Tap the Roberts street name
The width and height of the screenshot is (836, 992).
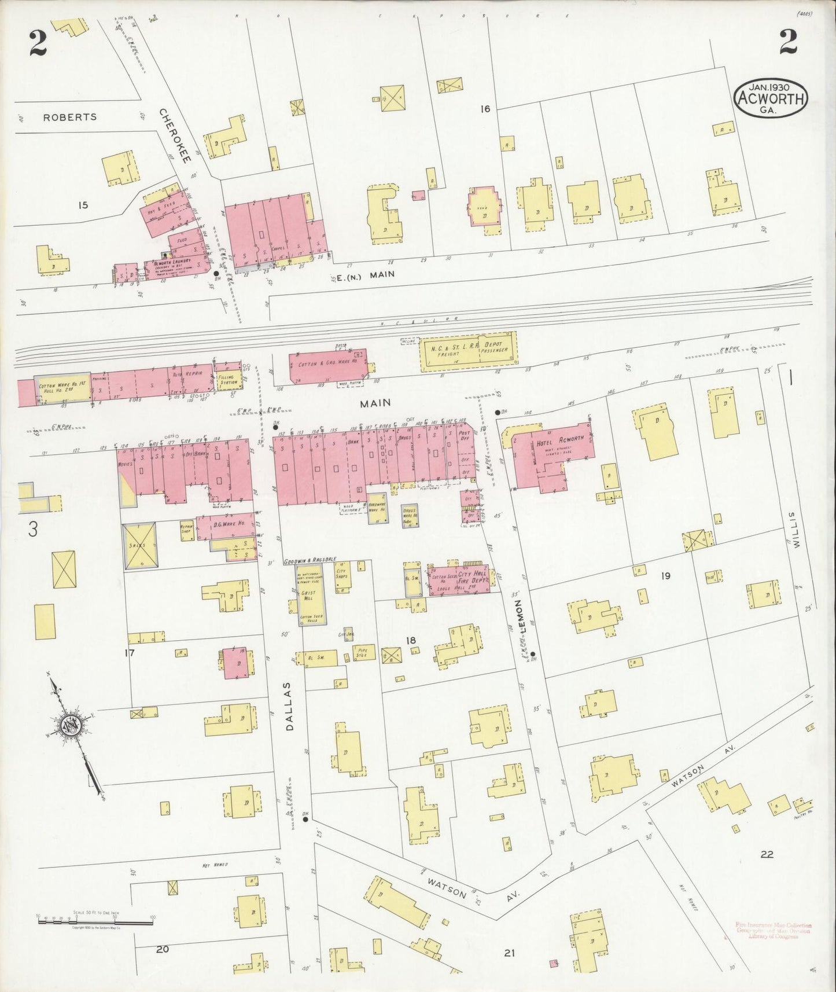click(x=70, y=117)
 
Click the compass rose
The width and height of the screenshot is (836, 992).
click(x=71, y=724)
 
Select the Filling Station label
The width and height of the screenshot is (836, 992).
click(x=229, y=380)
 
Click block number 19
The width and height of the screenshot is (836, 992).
click(x=666, y=575)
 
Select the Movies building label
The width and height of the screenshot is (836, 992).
click(x=126, y=464)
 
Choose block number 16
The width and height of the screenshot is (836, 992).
click(x=484, y=108)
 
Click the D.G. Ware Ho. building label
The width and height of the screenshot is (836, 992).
click(x=229, y=524)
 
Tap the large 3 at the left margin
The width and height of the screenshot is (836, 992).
click(x=33, y=530)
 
